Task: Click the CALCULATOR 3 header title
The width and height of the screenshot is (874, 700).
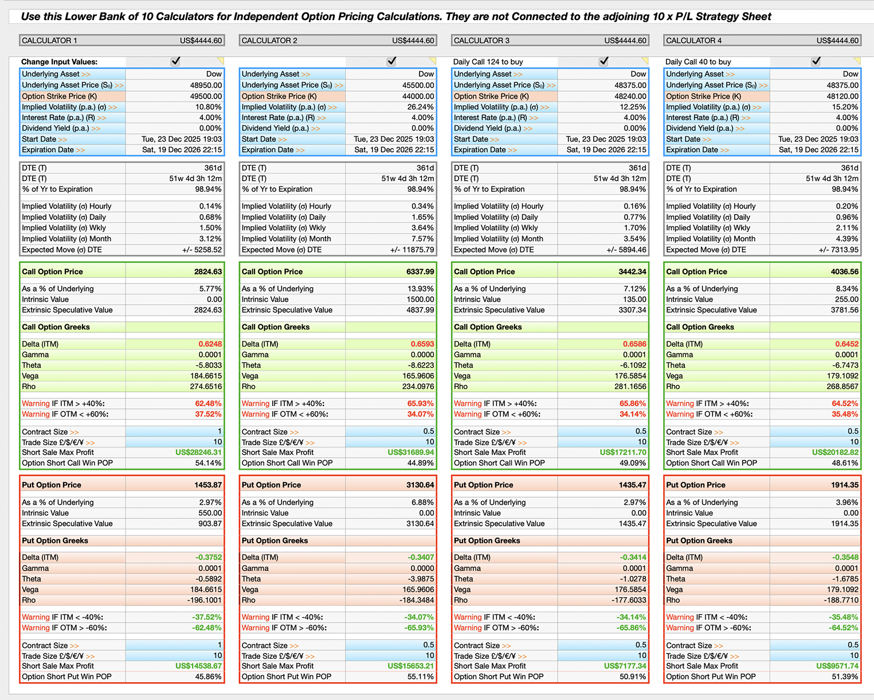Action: click(481, 41)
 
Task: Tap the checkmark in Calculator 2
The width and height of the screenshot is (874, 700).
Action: click(391, 61)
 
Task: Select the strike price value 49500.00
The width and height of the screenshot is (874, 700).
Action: click(206, 96)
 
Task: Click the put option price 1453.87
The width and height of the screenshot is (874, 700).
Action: click(207, 485)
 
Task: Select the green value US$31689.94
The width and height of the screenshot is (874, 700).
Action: click(410, 453)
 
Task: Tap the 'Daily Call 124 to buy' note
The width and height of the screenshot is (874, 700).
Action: click(488, 62)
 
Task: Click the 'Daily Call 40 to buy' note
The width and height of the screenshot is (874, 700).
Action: click(698, 62)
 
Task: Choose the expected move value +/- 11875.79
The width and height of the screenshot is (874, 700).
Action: click(412, 250)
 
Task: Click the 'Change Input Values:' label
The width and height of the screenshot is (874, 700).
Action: click(59, 62)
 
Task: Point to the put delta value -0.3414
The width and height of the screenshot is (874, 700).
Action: click(633, 557)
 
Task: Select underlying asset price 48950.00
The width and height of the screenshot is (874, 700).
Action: click(206, 85)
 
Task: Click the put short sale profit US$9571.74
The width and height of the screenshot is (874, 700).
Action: click(837, 666)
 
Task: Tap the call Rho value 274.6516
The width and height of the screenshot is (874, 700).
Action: click(206, 387)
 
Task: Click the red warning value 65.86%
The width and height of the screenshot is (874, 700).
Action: click(633, 404)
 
